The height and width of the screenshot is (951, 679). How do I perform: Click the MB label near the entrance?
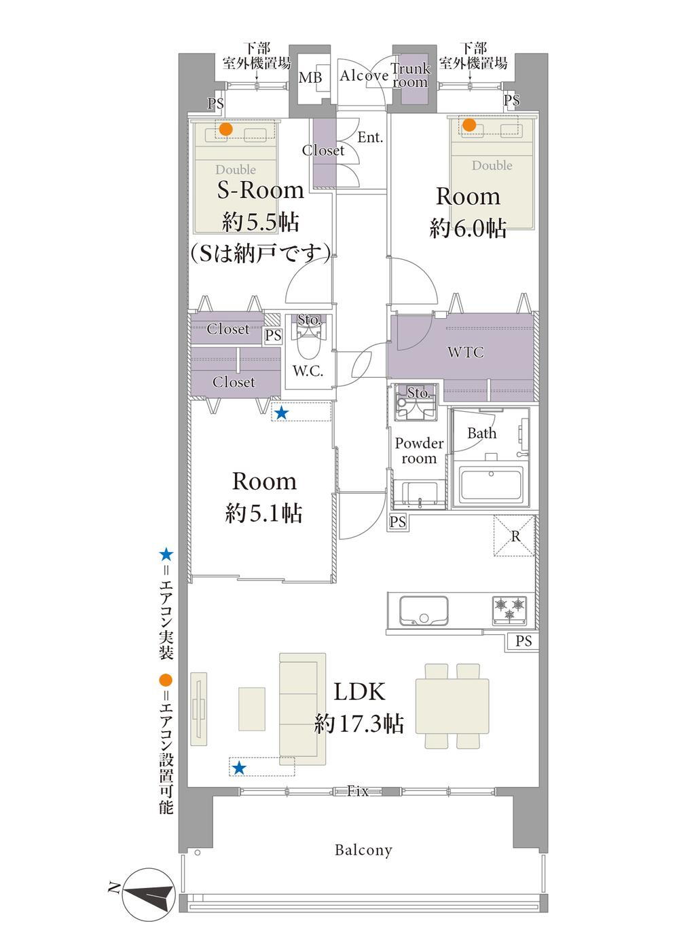pos(310,78)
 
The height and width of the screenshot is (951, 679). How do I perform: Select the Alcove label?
pos(364,75)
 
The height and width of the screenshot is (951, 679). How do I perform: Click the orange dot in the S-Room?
pos(225,129)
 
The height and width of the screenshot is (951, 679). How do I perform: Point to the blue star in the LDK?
pos(239,767)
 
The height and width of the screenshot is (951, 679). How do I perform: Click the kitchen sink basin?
pos(423,610)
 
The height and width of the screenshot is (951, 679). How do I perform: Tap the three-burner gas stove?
pos(509,610)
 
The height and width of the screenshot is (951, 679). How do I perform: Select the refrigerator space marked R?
pos(514,535)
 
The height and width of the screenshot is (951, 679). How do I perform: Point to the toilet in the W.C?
pos(308,340)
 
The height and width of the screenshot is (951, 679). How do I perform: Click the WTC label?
pos(465,352)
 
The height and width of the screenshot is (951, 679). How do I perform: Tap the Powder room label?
pos(419,450)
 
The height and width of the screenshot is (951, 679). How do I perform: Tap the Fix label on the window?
pos(357,790)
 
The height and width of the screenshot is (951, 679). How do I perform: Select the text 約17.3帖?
pos(359,723)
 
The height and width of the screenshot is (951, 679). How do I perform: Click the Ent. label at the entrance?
pos(370,137)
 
